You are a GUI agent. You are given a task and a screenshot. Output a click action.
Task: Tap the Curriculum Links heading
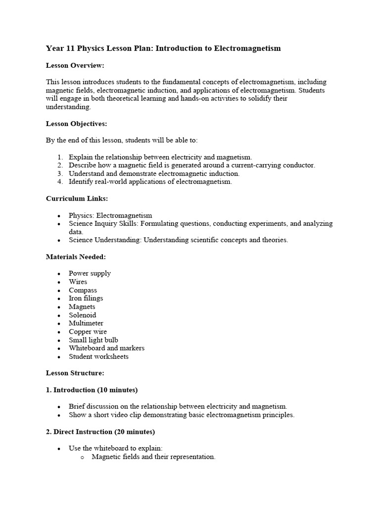77,199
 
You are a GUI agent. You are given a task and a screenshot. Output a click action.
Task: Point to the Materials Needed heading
76,257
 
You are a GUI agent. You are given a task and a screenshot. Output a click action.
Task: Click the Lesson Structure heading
75,373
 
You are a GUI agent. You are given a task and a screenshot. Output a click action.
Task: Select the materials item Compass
83,290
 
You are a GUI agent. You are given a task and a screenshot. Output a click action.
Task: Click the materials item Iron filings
86,298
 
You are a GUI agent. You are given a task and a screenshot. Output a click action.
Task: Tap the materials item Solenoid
82,315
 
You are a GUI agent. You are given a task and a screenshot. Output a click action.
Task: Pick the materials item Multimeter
86,323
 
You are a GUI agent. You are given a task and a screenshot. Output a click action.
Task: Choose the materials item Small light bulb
93,340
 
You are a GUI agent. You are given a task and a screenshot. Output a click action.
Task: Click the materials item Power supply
90,273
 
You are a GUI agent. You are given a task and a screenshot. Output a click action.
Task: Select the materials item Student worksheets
98,356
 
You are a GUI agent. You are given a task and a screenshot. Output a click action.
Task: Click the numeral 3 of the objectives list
59,173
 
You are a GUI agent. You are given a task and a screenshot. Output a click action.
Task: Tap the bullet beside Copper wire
59,332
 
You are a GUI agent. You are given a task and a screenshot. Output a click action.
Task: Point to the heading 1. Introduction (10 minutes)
92,390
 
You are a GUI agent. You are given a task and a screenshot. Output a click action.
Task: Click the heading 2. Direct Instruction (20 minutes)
100,431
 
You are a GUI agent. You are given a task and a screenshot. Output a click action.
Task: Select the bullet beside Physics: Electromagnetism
59,216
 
